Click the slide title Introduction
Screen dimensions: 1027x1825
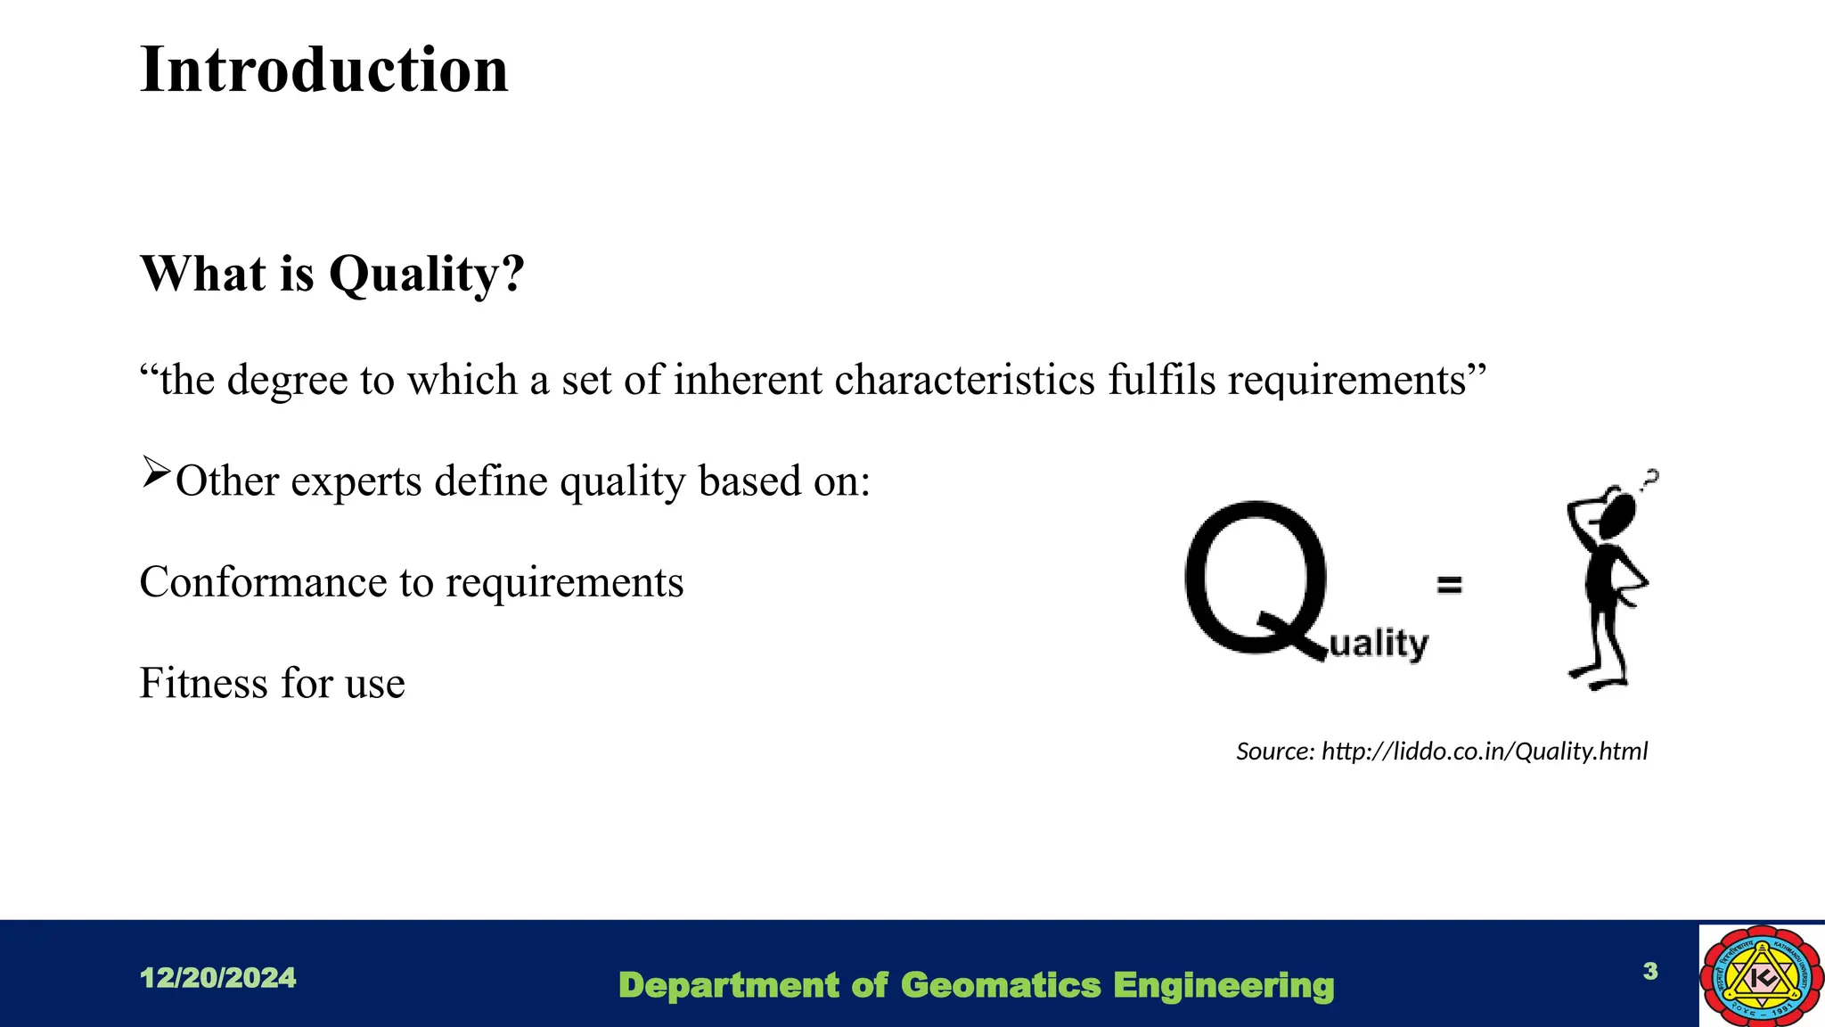click(x=324, y=70)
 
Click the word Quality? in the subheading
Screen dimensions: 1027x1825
click(x=427, y=274)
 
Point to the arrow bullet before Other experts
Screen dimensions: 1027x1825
click(x=155, y=471)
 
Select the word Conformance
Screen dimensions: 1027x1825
click(x=263, y=582)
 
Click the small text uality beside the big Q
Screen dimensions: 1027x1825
click(x=1379, y=643)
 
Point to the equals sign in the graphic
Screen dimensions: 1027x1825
click(x=1450, y=585)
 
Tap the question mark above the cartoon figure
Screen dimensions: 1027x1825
click(x=1651, y=480)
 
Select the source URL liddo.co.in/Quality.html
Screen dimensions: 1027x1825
click(x=1484, y=752)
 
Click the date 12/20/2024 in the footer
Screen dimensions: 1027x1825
click(x=218, y=978)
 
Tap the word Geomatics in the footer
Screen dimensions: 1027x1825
click(x=1001, y=986)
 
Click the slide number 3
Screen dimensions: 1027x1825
click(x=1650, y=971)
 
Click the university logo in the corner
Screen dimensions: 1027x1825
click(x=1761, y=975)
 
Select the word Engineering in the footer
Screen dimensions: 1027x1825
click(x=1223, y=986)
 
